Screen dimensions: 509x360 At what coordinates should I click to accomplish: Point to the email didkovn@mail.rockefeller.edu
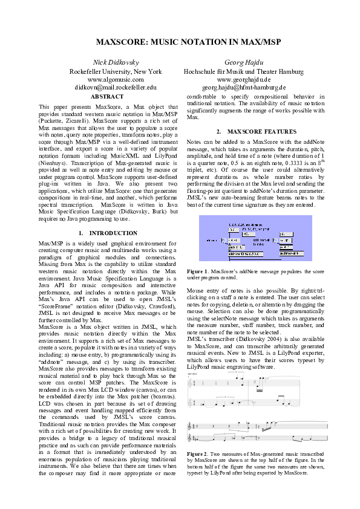(x=115, y=88)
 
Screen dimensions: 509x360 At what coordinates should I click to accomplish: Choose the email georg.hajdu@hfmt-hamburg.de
(x=243, y=88)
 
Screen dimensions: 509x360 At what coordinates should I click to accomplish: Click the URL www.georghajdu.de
(x=243, y=79)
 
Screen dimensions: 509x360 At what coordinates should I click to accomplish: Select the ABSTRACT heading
(x=106, y=96)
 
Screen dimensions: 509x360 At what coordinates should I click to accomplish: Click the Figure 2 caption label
(x=197, y=453)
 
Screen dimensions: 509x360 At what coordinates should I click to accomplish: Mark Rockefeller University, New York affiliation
(x=115, y=71)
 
